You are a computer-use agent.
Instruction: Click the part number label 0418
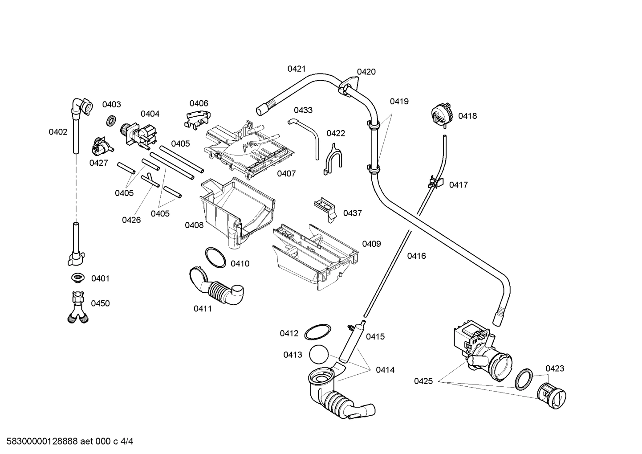[467, 116]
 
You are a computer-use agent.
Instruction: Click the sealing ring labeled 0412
[318, 332]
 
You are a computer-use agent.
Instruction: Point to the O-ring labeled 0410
[215, 258]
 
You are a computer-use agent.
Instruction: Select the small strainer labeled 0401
[78, 278]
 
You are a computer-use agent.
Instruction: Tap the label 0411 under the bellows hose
[203, 308]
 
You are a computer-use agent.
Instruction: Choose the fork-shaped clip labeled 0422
[333, 158]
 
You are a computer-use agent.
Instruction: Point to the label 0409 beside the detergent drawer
[371, 244]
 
